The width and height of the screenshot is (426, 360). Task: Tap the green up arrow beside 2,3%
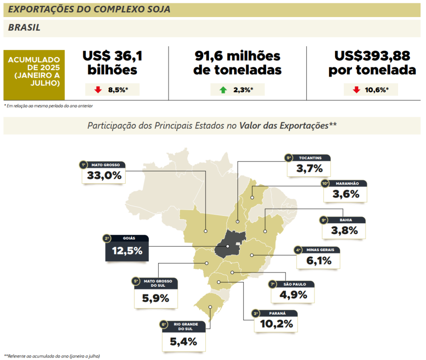tap(223, 90)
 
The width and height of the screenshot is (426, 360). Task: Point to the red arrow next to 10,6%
tap(356, 90)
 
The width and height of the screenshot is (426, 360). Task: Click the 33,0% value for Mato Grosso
tap(104, 176)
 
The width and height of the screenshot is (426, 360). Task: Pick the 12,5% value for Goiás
tap(127, 251)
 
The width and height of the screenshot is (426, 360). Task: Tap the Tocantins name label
tap(310, 158)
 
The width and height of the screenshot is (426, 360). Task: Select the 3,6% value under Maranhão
tap(346, 194)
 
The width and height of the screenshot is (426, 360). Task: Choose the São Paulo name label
tap(295, 284)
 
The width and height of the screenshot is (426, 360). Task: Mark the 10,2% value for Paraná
tap(276, 323)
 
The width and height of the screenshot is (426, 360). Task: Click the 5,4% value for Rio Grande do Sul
tap(183, 342)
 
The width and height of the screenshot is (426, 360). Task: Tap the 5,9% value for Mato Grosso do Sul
tap(156, 298)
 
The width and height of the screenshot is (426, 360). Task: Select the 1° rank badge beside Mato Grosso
tap(83, 165)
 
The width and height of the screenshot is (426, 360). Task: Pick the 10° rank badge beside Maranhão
tap(325, 183)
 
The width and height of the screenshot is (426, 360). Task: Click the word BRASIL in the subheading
tap(24, 28)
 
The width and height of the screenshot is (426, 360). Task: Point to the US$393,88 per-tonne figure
tap(372, 62)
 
